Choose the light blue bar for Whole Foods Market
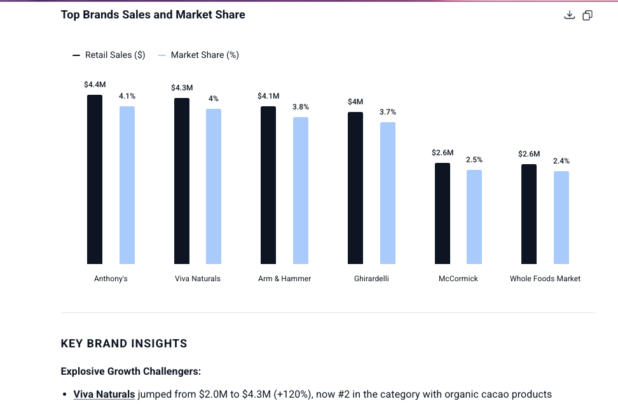coord(561,218)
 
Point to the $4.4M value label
coord(95,85)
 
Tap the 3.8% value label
coord(301,107)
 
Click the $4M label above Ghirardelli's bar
coord(355,102)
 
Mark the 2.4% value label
coord(561,161)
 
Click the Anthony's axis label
coord(111,279)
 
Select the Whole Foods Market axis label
coord(545,279)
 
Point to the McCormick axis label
coord(458,279)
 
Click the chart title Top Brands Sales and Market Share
coord(153,15)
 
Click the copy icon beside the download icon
coord(587,15)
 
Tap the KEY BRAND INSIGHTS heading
coord(124,344)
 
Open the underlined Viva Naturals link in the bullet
coord(104,394)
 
